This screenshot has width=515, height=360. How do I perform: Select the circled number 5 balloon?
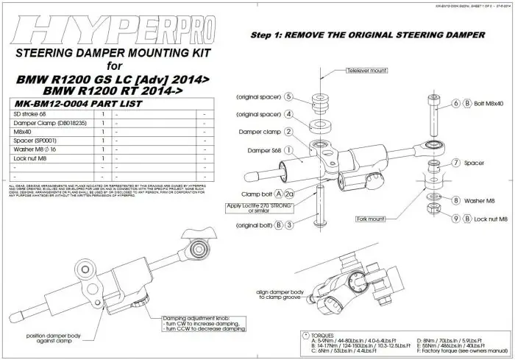pyautogui.click(x=289, y=97)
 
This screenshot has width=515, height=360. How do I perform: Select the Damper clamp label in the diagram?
pyautogui.click(x=255, y=132)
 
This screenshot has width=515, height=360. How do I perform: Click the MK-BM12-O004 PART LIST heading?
pyautogui.click(x=73, y=105)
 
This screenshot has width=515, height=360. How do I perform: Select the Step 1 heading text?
pyautogui.click(x=367, y=35)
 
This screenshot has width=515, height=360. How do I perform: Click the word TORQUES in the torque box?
pyautogui.click(x=326, y=333)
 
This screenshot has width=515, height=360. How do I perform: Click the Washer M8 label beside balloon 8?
pyautogui.click(x=486, y=200)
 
